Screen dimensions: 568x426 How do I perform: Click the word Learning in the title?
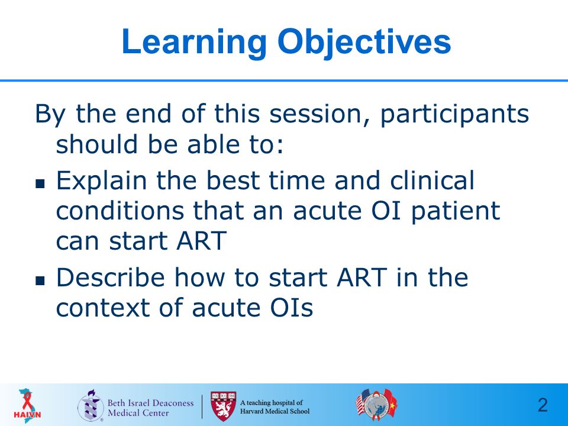tap(194, 43)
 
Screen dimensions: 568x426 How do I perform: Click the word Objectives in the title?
tap(364, 43)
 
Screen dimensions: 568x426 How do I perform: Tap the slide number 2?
tap(543, 405)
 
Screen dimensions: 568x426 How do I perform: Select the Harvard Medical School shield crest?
tap(223, 406)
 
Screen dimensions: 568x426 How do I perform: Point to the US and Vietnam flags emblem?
tap(376, 403)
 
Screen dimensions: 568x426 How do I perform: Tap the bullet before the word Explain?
tap(40, 183)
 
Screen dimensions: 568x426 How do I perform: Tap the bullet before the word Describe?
tap(40, 280)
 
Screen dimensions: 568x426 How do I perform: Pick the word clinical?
tap(432, 180)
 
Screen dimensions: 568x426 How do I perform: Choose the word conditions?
tap(120, 211)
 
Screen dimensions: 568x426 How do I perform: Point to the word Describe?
tap(111, 277)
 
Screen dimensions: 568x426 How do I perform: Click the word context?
tap(102, 308)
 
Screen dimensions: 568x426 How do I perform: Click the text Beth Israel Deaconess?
tap(150, 403)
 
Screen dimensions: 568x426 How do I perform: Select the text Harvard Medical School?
tap(275, 411)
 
